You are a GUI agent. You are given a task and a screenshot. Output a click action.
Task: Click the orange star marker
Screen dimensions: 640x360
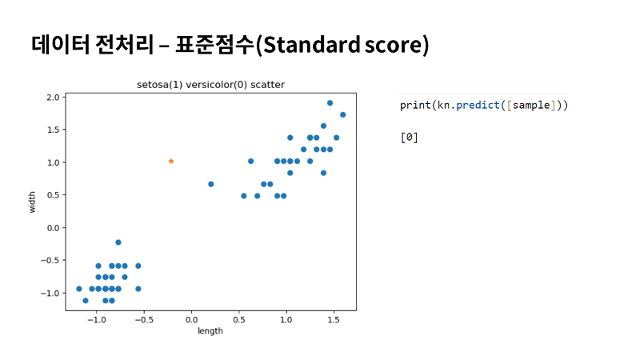click(x=171, y=162)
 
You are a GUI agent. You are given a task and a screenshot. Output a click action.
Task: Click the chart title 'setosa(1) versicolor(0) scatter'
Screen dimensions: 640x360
click(x=210, y=85)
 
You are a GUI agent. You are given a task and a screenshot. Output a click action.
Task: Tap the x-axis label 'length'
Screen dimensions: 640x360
click(x=210, y=330)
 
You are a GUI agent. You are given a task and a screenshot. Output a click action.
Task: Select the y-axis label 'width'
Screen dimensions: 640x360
click(x=32, y=202)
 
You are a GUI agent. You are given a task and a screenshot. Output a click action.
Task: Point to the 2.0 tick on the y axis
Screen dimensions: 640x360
click(x=53, y=97)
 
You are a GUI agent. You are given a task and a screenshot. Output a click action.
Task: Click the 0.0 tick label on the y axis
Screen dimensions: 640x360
click(x=53, y=228)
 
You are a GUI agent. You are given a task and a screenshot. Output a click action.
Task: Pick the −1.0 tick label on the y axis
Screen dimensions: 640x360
click(x=50, y=293)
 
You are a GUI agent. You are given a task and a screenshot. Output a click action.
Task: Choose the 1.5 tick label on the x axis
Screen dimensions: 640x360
click(x=334, y=319)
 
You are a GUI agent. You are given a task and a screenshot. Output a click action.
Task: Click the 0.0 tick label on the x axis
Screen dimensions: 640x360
click(x=191, y=319)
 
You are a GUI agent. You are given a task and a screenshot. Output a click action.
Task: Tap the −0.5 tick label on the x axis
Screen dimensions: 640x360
click(x=144, y=319)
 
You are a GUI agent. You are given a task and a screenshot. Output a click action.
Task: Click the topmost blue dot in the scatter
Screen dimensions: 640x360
click(x=330, y=103)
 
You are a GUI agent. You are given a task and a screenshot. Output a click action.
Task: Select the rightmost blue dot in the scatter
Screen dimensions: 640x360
click(x=343, y=114)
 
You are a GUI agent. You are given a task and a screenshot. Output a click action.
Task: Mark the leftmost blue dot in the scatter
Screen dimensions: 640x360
click(x=79, y=289)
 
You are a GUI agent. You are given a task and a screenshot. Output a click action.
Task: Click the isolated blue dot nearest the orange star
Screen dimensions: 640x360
click(x=211, y=184)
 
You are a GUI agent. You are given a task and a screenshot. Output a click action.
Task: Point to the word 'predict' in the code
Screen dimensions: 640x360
click(x=478, y=106)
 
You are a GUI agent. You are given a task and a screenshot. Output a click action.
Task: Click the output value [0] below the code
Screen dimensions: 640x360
click(x=410, y=138)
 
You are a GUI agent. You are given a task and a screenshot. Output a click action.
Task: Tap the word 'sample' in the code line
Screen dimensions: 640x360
click(x=531, y=106)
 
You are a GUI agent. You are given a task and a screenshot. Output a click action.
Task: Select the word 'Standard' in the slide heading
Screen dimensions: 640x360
click(x=312, y=45)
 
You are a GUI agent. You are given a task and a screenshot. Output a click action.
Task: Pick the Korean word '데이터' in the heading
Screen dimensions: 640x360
click(x=60, y=44)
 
